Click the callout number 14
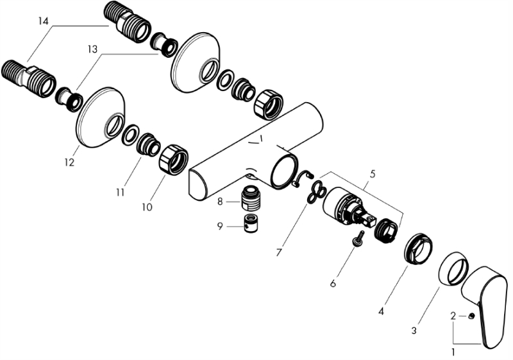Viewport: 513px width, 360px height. click(43, 22)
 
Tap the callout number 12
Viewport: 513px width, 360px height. click(69, 162)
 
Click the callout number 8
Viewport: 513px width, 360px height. click(220, 201)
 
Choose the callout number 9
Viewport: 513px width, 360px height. click(220, 226)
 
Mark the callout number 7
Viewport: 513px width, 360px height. click(279, 252)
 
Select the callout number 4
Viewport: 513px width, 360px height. click(381, 311)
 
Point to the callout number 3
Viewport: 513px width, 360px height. click(414, 330)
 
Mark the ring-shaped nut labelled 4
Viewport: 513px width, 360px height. click(418, 247)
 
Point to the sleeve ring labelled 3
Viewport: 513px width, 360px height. click(453, 269)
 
